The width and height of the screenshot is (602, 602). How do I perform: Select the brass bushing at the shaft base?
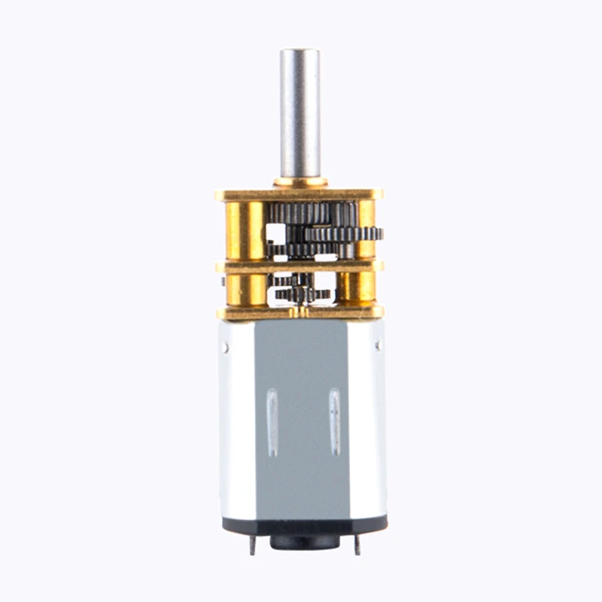tap(300, 182)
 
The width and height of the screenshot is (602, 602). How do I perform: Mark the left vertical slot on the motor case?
tap(272, 421)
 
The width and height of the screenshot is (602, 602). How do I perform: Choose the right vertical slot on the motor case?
tap(334, 421)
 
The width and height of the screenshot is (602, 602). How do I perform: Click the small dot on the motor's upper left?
tap(226, 348)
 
